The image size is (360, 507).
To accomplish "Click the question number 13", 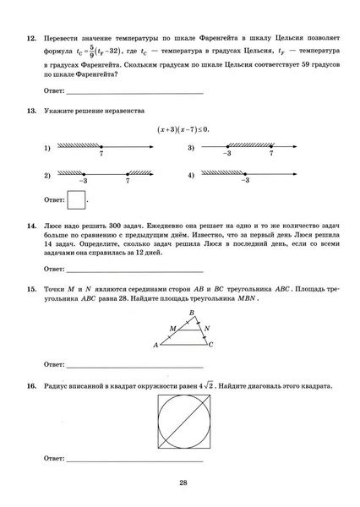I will click(30, 111).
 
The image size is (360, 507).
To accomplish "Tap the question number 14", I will click(30, 227).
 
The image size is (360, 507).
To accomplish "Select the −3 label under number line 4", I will click(244, 182).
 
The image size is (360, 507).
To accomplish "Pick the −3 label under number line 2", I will click(83, 182).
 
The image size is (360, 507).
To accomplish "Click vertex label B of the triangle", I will click(192, 312).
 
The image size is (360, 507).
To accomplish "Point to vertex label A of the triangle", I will click(155, 345).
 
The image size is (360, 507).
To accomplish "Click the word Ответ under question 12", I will click(52, 90).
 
